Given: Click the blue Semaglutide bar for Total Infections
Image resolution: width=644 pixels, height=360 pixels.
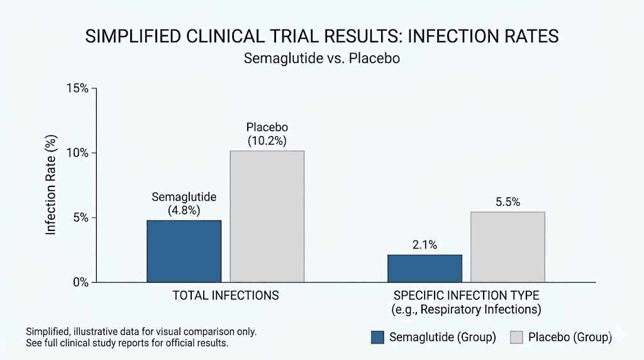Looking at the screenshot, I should [184, 251].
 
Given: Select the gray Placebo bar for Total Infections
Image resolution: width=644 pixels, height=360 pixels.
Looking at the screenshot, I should [267, 217].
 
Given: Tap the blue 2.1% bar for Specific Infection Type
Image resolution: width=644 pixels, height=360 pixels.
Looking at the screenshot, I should [425, 268].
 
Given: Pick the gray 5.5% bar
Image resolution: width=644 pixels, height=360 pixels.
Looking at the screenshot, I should [508, 247].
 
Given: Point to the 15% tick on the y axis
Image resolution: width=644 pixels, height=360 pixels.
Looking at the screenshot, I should [77, 87].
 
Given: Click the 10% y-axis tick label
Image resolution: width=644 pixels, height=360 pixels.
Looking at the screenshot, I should [77, 153].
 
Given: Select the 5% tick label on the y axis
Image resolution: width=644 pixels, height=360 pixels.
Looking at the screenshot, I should [80, 218].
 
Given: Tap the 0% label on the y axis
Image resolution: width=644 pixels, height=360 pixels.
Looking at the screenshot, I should [80, 283].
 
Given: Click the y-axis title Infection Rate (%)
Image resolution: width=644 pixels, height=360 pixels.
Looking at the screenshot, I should [52, 185].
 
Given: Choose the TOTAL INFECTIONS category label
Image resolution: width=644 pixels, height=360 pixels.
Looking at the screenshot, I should [225, 295].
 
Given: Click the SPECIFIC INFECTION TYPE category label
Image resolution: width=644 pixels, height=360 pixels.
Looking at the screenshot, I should [466, 295].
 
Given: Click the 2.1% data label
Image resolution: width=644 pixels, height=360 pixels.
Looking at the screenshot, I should [425, 245].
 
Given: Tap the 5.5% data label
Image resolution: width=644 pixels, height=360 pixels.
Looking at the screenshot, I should [508, 202].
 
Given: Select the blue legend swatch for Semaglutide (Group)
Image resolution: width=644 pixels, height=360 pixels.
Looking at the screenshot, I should [377, 337].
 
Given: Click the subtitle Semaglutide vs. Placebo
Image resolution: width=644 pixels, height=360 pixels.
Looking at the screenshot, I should [322, 59].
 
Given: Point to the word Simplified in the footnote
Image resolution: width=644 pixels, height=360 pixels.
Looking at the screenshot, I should [47, 331].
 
